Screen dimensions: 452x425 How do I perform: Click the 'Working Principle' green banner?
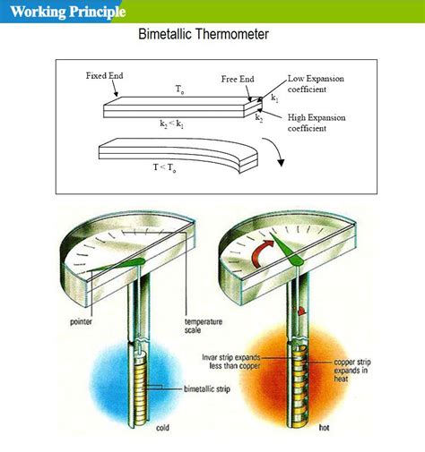[x=63, y=12]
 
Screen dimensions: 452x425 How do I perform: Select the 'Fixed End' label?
[x=104, y=76]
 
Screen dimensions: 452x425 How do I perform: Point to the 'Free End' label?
[x=239, y=80]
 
